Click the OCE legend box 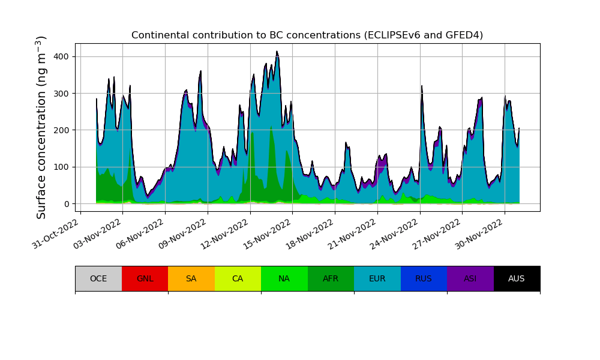tap(98, 278)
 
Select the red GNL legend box tap(145, 278)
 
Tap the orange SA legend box tap(191, 278)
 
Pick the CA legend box tap(238, 278)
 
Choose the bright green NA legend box tap(284, 278)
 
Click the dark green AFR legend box tap(331, 278)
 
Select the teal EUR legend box tap(377, 278)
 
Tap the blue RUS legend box tap(424, 278)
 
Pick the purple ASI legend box tap(470, 278)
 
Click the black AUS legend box tap(517, 278)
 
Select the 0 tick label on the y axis tap(67, 204)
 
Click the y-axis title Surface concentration tap(41, 127)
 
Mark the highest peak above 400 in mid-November tap(277, 52)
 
